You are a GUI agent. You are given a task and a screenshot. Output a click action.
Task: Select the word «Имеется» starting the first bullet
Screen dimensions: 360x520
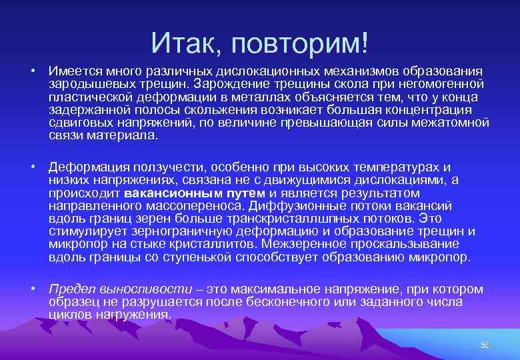tap(73, 71)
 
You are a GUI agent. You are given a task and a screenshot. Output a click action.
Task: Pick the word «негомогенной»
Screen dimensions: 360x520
tap(441, 84)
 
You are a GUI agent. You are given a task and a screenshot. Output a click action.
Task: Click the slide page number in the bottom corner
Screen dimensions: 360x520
tap(485, 345)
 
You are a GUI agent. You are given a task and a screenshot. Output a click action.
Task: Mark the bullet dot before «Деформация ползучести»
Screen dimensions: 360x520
tap(32, 167)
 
